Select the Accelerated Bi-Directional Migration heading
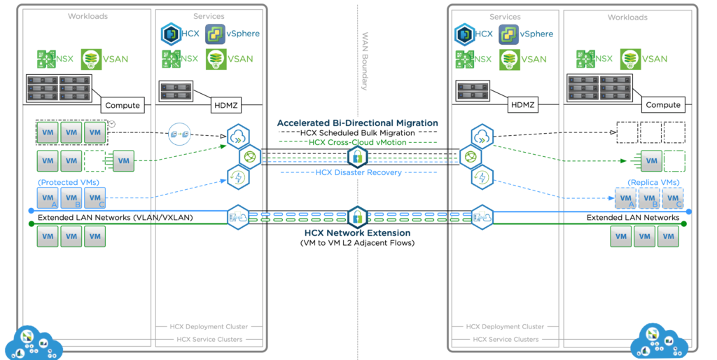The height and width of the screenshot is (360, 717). (357, 123)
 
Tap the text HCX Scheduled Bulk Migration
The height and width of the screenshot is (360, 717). (357, 132)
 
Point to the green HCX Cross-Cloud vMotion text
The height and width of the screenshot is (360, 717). (357, 142)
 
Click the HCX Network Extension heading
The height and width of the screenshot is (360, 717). (357, 233)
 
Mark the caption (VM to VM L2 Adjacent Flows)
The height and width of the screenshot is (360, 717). (357, 243)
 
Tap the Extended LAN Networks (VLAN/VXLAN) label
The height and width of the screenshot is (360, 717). (115, 218)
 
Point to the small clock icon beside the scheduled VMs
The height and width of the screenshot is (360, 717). (111, 125)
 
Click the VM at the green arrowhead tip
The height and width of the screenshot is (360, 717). (651, 161)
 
